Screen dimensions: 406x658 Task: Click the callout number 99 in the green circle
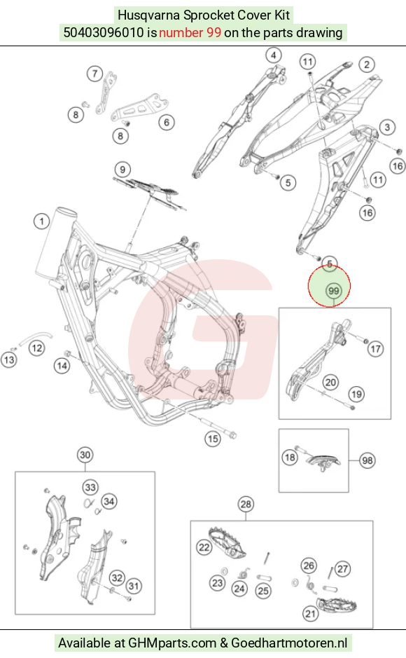333,290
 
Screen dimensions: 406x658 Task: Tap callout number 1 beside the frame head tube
41,221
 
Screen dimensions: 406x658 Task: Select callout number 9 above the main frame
122,170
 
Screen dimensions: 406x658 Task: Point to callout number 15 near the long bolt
213,439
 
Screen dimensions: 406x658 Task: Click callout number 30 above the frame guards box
85,455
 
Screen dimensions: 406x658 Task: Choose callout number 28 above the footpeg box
246,504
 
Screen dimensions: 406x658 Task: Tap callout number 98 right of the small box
367,460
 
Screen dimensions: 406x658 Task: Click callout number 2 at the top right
367,64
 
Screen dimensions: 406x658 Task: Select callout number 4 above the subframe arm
274,55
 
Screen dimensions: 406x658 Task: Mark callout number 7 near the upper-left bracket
94,74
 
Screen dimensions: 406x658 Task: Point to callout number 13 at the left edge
9,359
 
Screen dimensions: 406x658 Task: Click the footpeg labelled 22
227,542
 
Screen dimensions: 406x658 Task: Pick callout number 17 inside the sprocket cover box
375,349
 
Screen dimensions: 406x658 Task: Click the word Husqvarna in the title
148,15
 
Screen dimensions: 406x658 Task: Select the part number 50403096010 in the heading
104,32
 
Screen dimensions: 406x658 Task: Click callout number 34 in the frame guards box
109,502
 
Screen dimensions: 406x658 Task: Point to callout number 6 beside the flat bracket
167,122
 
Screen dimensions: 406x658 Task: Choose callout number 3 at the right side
387,127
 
